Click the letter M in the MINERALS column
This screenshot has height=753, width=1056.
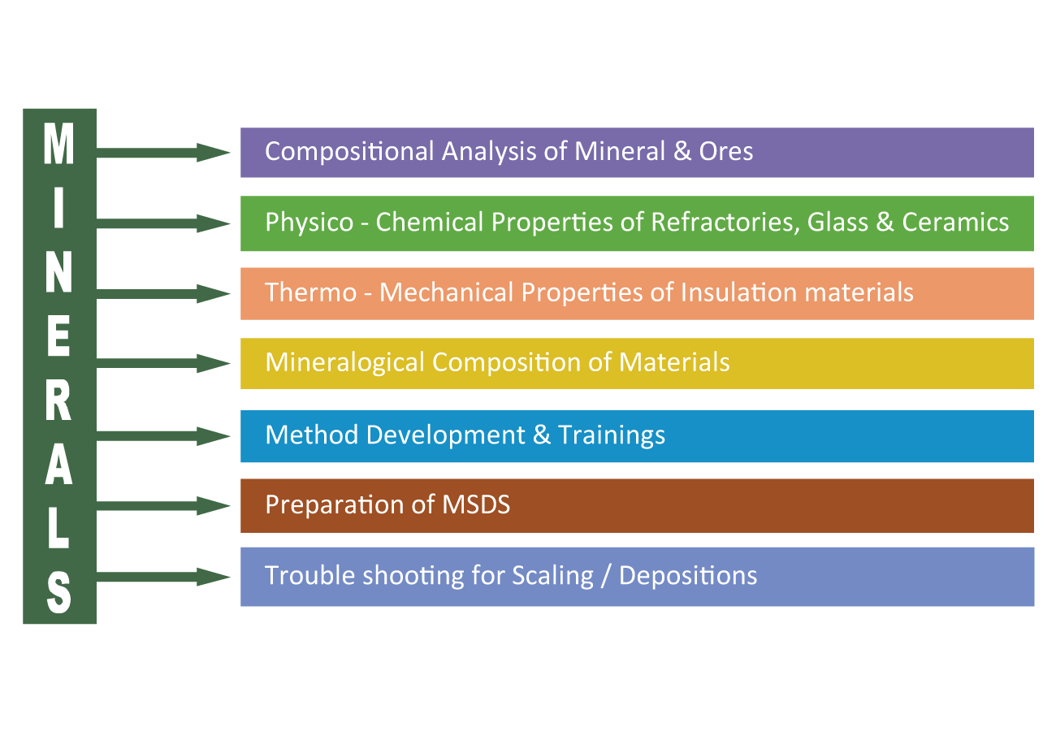tap(58, 145)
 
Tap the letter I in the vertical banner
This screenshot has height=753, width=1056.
tap(58, 209)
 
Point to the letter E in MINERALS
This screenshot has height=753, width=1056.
tap(58, 336)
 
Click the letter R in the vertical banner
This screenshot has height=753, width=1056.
tap(58, 400)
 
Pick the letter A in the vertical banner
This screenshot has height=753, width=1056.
tap(58, 465)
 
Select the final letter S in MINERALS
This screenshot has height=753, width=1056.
tap(58, 591)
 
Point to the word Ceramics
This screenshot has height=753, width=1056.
tap(955, 223)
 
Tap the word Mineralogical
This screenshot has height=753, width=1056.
tap(344, 362)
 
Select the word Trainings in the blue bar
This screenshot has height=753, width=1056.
tap(612, 435)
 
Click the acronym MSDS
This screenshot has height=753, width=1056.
tap(476, 504)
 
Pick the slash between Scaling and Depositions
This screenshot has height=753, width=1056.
tap(606, 576)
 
